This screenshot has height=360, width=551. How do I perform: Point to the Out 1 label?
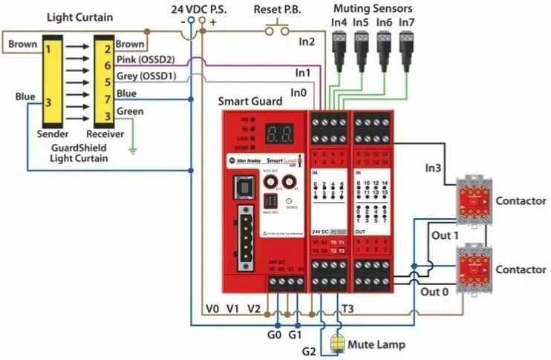coord(446,236)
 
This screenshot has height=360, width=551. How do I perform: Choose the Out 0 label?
coord(434,292)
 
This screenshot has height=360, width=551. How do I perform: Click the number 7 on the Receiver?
coord(108,96)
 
